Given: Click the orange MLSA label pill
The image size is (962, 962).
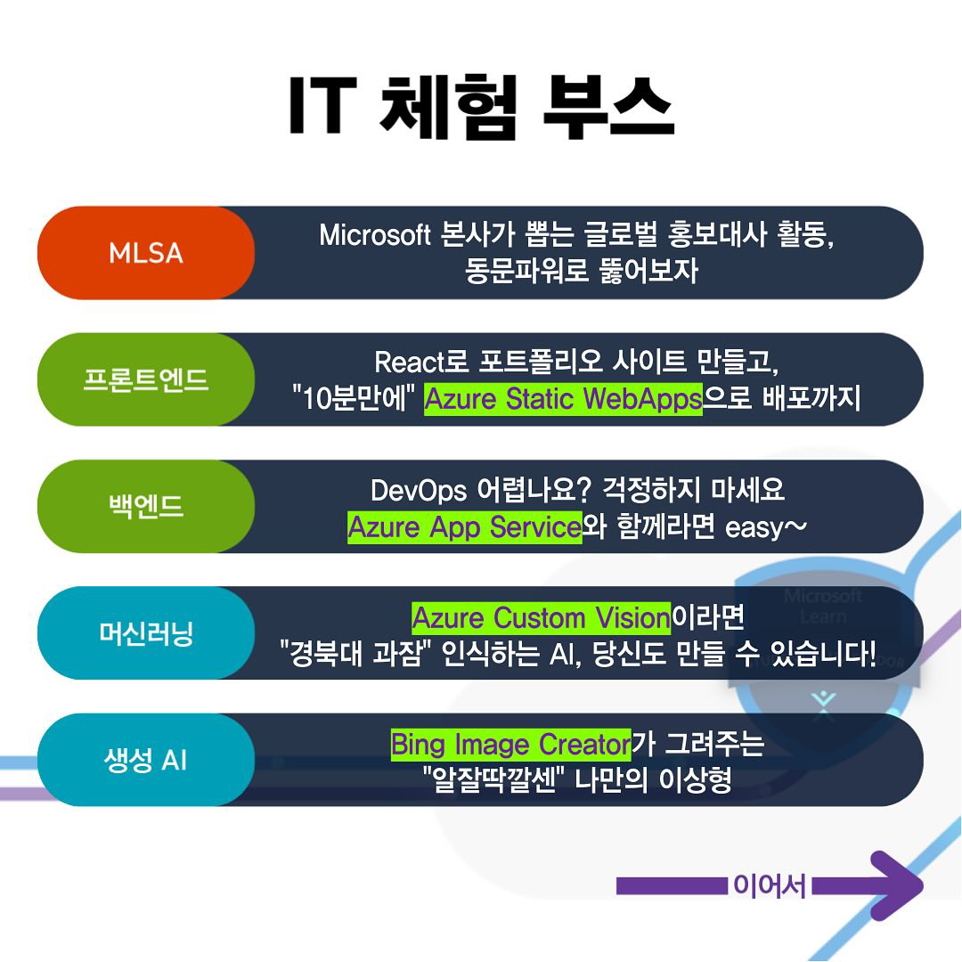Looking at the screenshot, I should tap(145, 253).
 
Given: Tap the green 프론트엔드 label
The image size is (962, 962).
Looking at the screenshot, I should tap(145, 379).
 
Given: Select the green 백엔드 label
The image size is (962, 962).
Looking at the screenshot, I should tap(145, 506).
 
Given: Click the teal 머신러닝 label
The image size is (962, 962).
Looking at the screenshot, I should tap(145, 633).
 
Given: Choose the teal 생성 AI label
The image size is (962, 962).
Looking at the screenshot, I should tap(145, 761).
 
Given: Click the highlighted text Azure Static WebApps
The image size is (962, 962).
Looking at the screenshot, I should tap(563, 400).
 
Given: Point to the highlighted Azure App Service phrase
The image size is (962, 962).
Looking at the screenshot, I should tap(464, 527).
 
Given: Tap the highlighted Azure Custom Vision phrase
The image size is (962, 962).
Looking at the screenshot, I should tap(541, 617).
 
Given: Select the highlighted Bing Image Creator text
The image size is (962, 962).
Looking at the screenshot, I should tap(510, 744).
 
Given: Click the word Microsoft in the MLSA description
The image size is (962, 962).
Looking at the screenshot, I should tap(374, 235).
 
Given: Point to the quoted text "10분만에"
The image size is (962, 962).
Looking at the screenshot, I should tap(354, 400).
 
